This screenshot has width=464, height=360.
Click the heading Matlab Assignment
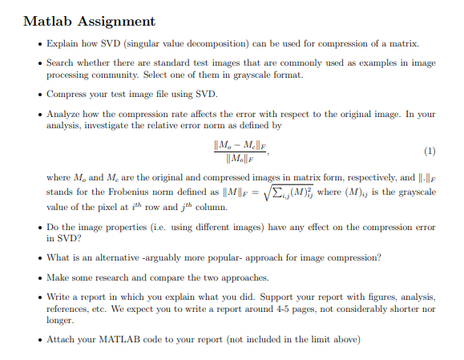89,21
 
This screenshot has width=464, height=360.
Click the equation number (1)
430,150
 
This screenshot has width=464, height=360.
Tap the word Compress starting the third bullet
67,93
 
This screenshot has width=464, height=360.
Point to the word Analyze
65,115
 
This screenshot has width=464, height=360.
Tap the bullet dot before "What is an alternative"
38,257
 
